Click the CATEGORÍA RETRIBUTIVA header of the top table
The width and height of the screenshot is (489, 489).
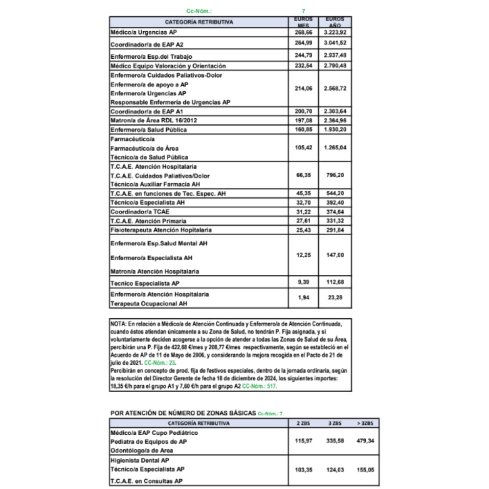click(199, 22)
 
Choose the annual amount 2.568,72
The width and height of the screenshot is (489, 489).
click(335, 89)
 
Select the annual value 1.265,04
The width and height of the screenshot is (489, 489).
click(335, 148)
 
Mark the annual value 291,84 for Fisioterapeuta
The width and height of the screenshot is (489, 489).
click(335, 230)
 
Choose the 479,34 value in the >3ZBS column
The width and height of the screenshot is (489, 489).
click(365, 441)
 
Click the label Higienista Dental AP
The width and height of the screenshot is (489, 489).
click(140, 460)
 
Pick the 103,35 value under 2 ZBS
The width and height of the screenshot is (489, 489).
click(304, 469)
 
